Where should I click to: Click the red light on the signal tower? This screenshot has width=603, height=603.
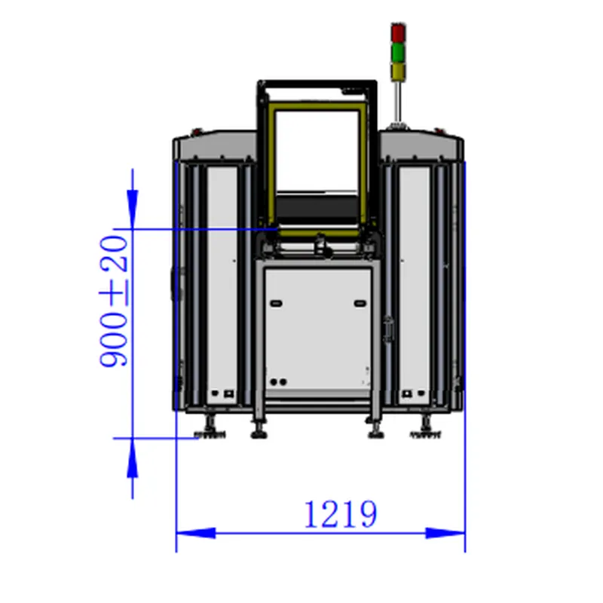click(398, 33)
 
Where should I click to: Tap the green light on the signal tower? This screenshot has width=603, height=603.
click(398, 53)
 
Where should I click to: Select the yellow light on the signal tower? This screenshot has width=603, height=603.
click(398, 72)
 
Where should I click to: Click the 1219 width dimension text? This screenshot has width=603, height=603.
click(341, 514)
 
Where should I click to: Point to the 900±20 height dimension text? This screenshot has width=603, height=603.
click(114, 301)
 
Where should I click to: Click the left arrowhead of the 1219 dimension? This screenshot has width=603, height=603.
click(196, 533)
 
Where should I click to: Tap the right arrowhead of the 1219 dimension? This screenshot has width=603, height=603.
click(445, 533)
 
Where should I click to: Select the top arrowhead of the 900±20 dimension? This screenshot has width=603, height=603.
click(133, 210)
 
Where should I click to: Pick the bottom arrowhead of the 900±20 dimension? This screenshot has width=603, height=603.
click(133, 458)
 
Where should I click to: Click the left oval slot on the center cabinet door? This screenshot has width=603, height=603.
click(276, 304)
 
